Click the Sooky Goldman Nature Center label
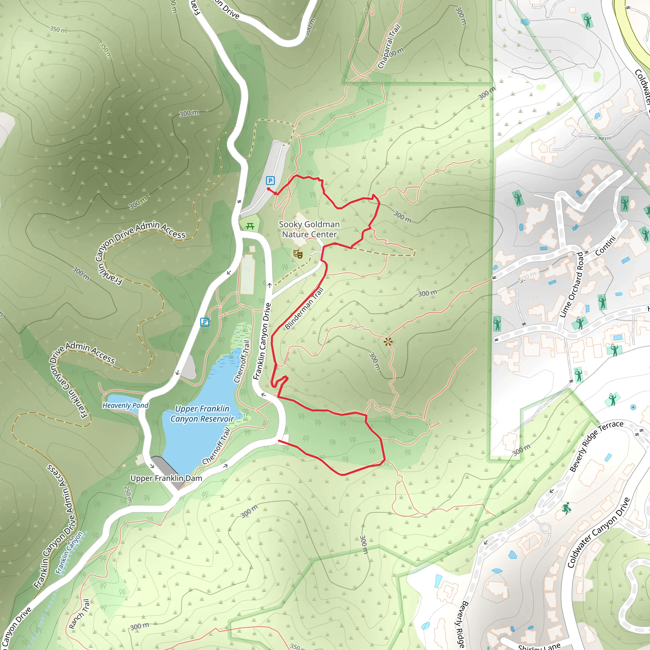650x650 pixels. click(309, 229)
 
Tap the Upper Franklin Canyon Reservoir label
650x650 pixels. click(202, 414)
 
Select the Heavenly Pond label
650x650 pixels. click(125, 405)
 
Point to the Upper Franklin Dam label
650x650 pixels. click(166, 478)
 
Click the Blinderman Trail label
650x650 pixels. click(304, 308)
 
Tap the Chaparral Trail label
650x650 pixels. click(389, 46)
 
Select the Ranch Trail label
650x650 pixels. click(79, 614)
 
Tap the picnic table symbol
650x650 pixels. click(250, 226)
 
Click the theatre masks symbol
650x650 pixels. click(298, 254)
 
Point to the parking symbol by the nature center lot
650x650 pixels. click(270, 181)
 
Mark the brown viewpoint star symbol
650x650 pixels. click(388, 342)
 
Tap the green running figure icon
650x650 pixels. click(567, 508)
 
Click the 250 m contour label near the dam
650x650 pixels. click(128, 494)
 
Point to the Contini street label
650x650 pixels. click(606, 246)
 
